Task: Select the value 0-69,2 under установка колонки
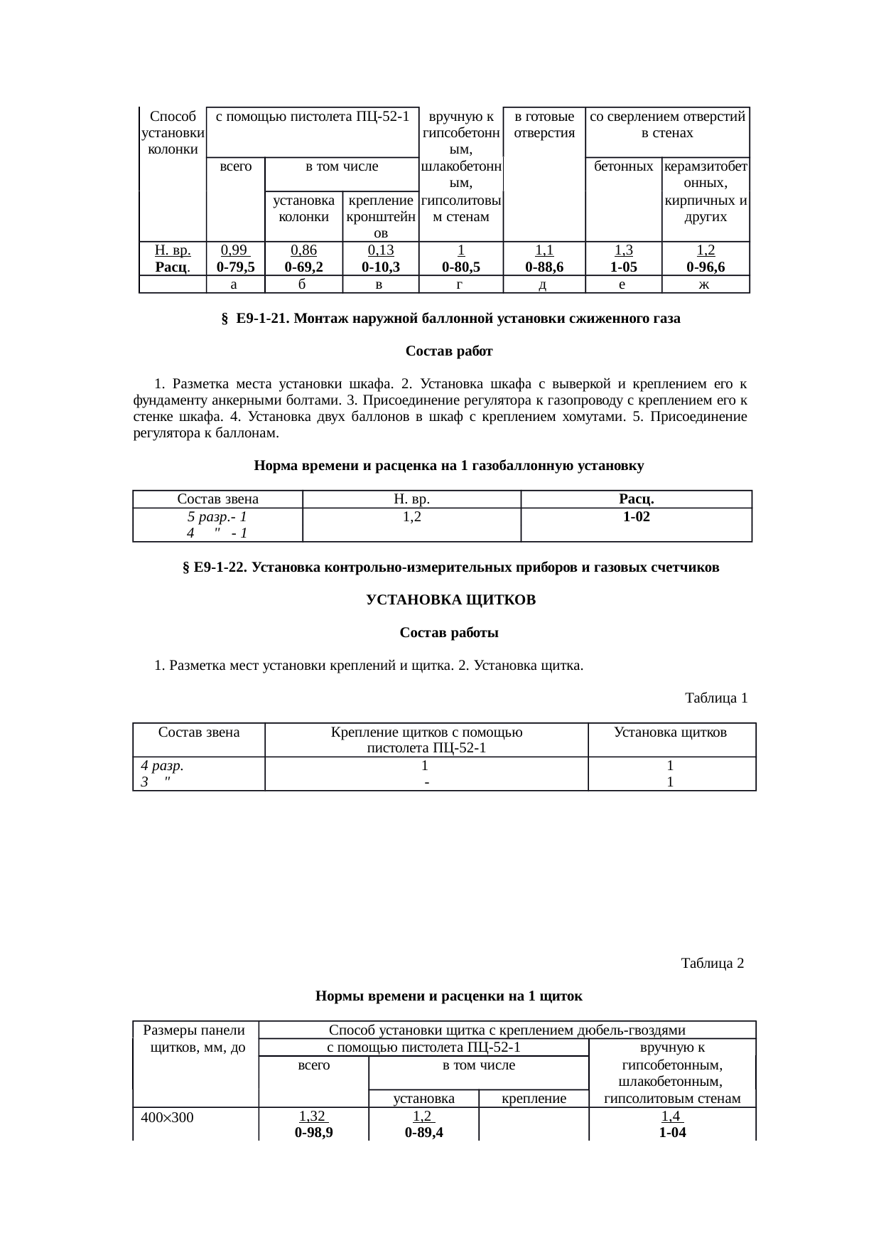coord(303,267)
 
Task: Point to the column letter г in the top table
coord(460,284)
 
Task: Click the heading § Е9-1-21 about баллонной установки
coord(450,319)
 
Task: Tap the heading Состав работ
coord(448,351)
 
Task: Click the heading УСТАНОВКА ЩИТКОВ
coord(450,600)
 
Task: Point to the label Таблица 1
coord(715,698)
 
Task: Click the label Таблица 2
coord(712,964)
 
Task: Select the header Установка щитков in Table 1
coord(670,732)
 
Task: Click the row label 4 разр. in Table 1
coord(163,767)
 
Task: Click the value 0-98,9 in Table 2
coord(313,1133)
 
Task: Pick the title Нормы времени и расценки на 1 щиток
coord(448,996)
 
